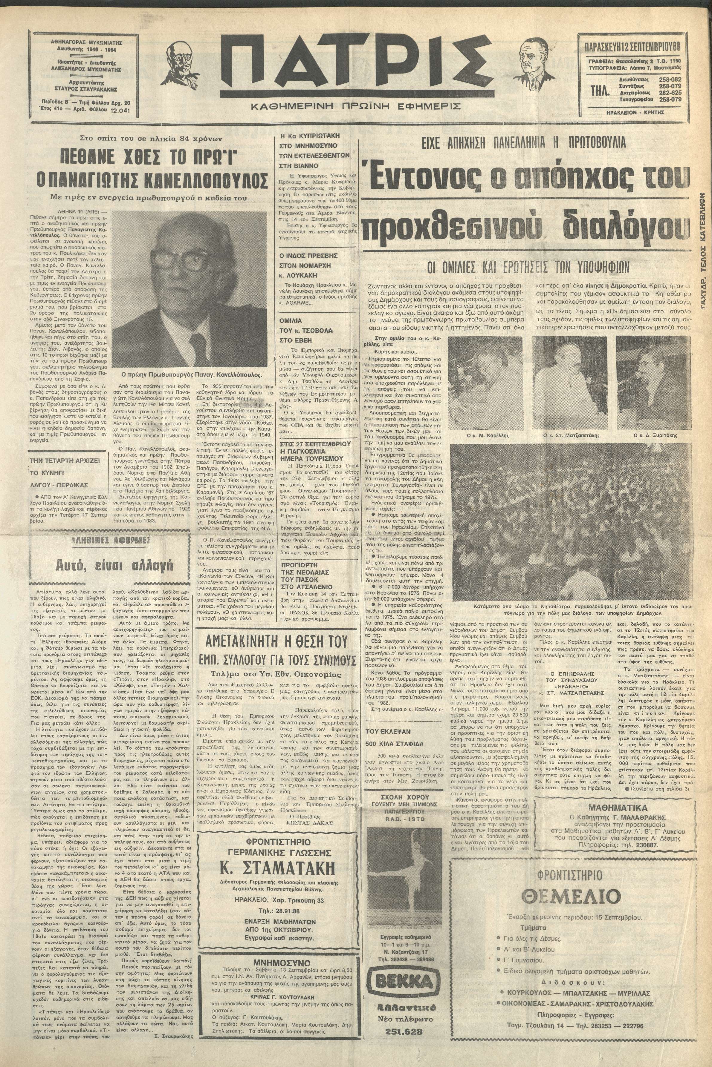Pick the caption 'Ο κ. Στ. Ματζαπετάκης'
[568, 435]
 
